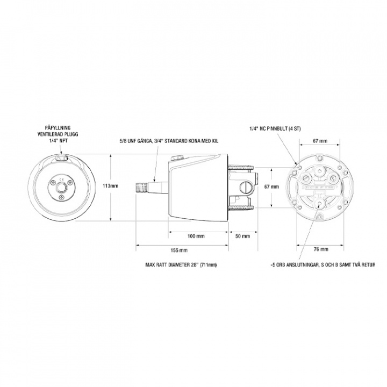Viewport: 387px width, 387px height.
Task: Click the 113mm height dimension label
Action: point(110,186)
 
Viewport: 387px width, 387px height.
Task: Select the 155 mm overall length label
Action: point(179,250)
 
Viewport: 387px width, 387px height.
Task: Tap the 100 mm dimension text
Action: point(196,236)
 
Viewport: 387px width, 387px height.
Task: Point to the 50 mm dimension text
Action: point(242,236)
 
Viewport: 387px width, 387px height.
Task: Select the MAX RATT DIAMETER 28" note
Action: point(181,265)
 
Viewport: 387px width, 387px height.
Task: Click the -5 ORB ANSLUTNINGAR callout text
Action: point(322,265)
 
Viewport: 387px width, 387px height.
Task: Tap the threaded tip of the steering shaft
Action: point(141,188)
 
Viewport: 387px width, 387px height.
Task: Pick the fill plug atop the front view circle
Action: point(61,158)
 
